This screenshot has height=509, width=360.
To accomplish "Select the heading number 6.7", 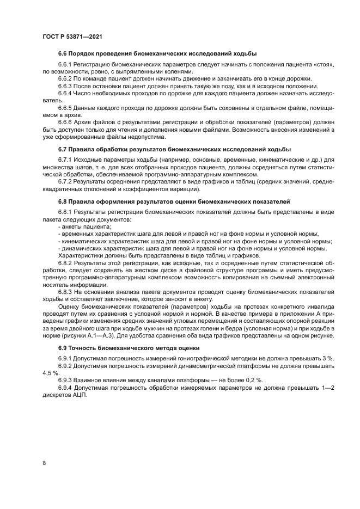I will coord(64,149).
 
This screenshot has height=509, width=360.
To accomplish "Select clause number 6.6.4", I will coord(66,93).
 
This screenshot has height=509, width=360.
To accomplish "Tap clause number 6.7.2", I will coord(66,180).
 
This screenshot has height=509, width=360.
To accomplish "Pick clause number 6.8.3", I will coord(66,291).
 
